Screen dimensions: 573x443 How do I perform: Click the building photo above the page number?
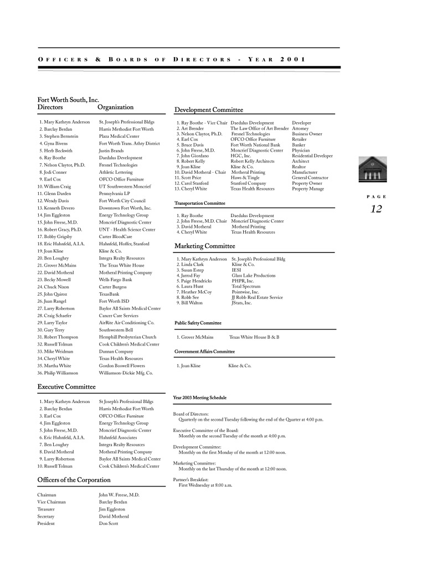(x=375, y=170)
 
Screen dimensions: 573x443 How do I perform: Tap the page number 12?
(x=376, y=209)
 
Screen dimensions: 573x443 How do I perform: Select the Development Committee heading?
(x=209, y=110)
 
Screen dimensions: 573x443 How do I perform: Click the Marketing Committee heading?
(x=205, y=246)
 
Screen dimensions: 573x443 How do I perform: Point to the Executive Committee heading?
(x=66, y=386)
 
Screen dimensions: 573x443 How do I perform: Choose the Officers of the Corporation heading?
(x=74, y=479)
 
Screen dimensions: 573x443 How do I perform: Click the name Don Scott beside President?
(x=109, y=523)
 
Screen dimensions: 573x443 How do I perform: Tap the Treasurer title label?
(x=47, y=509)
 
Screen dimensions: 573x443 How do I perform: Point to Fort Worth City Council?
(x=122, y=201)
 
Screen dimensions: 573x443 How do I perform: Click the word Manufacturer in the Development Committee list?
(x=306, y=172)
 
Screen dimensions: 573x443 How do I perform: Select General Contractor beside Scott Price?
(x=310, y=178)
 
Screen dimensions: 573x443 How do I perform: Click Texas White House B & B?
(x=254, y=337)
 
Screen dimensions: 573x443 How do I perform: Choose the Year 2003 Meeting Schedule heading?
(x=200, y=398)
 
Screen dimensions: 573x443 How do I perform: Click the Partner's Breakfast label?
(x=191, y=479)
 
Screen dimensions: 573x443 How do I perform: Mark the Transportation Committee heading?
(x=200, y=203)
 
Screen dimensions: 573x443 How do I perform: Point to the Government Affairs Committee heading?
(x=204, y=352)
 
